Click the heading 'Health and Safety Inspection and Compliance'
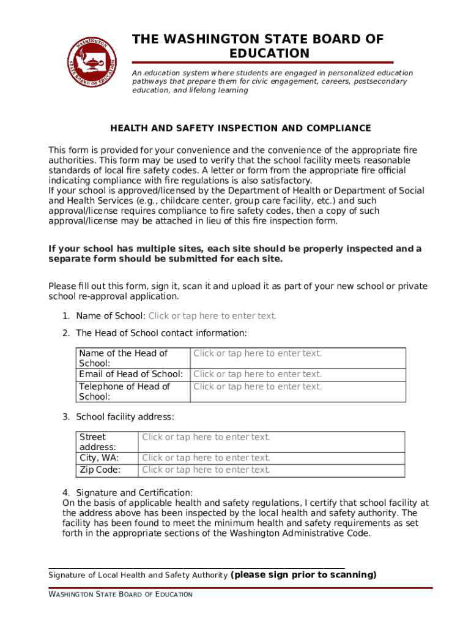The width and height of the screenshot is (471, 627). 240,128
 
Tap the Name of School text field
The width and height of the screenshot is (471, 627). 212,316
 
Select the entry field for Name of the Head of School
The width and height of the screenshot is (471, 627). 258,353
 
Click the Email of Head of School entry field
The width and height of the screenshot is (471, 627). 258,374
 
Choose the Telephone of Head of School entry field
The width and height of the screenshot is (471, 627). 258,386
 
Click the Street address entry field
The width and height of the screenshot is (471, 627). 206,437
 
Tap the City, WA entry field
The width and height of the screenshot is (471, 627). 206,458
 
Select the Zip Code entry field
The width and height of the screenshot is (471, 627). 206,470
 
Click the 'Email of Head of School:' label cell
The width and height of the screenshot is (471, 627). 131,374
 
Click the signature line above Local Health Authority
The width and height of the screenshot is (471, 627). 196,568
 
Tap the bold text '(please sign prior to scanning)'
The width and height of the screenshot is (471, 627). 303,575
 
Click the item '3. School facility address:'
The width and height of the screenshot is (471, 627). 125,417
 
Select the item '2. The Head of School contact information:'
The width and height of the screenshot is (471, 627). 161,333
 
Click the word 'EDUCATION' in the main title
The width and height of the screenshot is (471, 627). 270,53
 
